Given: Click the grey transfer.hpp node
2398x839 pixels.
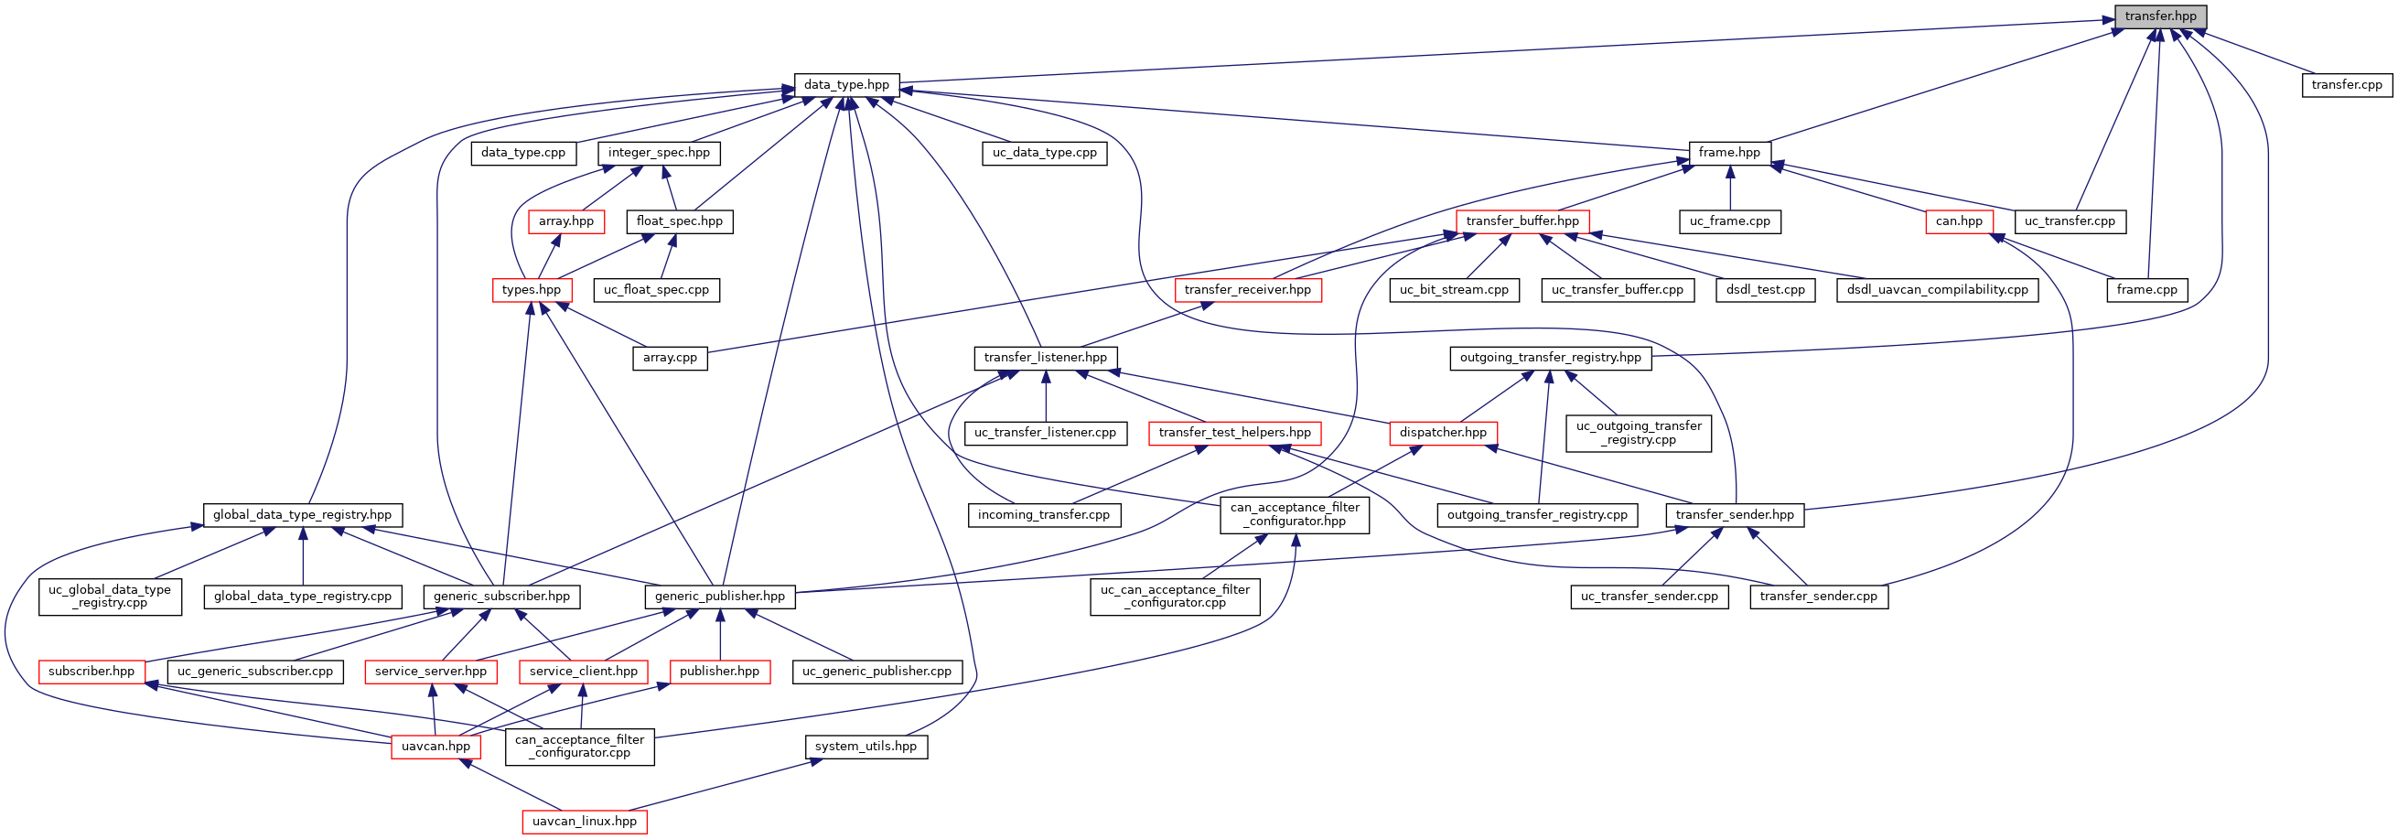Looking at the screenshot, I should [x=2160, y=16].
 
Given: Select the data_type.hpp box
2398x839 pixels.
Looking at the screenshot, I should [x=846, y=85].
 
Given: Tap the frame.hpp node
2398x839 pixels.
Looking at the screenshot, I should [x=1728, y=153].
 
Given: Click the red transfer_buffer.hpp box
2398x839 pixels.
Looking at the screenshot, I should [x=1522, y=221].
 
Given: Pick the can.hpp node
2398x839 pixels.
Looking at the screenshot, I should [x=1959, y=221].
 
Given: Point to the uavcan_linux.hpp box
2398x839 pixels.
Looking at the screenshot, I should [x=584, y=822].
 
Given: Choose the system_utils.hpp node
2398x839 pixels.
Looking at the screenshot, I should [x=865, y=747].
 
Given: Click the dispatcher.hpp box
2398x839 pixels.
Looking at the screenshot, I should [x=1443, y=433].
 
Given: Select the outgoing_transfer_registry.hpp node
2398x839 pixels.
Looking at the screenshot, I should [x=1550, y=358].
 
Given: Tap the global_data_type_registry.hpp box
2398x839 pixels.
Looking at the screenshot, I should [x=303, y=515].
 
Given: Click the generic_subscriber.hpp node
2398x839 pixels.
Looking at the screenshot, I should [x=500, y=597].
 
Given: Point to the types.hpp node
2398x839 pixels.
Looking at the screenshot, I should [x=531, y=290].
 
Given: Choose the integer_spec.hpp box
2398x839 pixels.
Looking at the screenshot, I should [x=658, y=153].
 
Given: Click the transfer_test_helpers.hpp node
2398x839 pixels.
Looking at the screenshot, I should [x=1234, y=433].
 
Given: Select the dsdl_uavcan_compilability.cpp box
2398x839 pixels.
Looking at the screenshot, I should [x=1936, y=290].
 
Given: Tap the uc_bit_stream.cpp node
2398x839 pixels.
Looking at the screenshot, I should [x=1454, y=290].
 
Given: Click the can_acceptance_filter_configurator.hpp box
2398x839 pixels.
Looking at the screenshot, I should [x=1294, y=514].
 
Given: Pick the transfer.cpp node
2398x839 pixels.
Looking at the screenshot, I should [x=2346, y=85].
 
